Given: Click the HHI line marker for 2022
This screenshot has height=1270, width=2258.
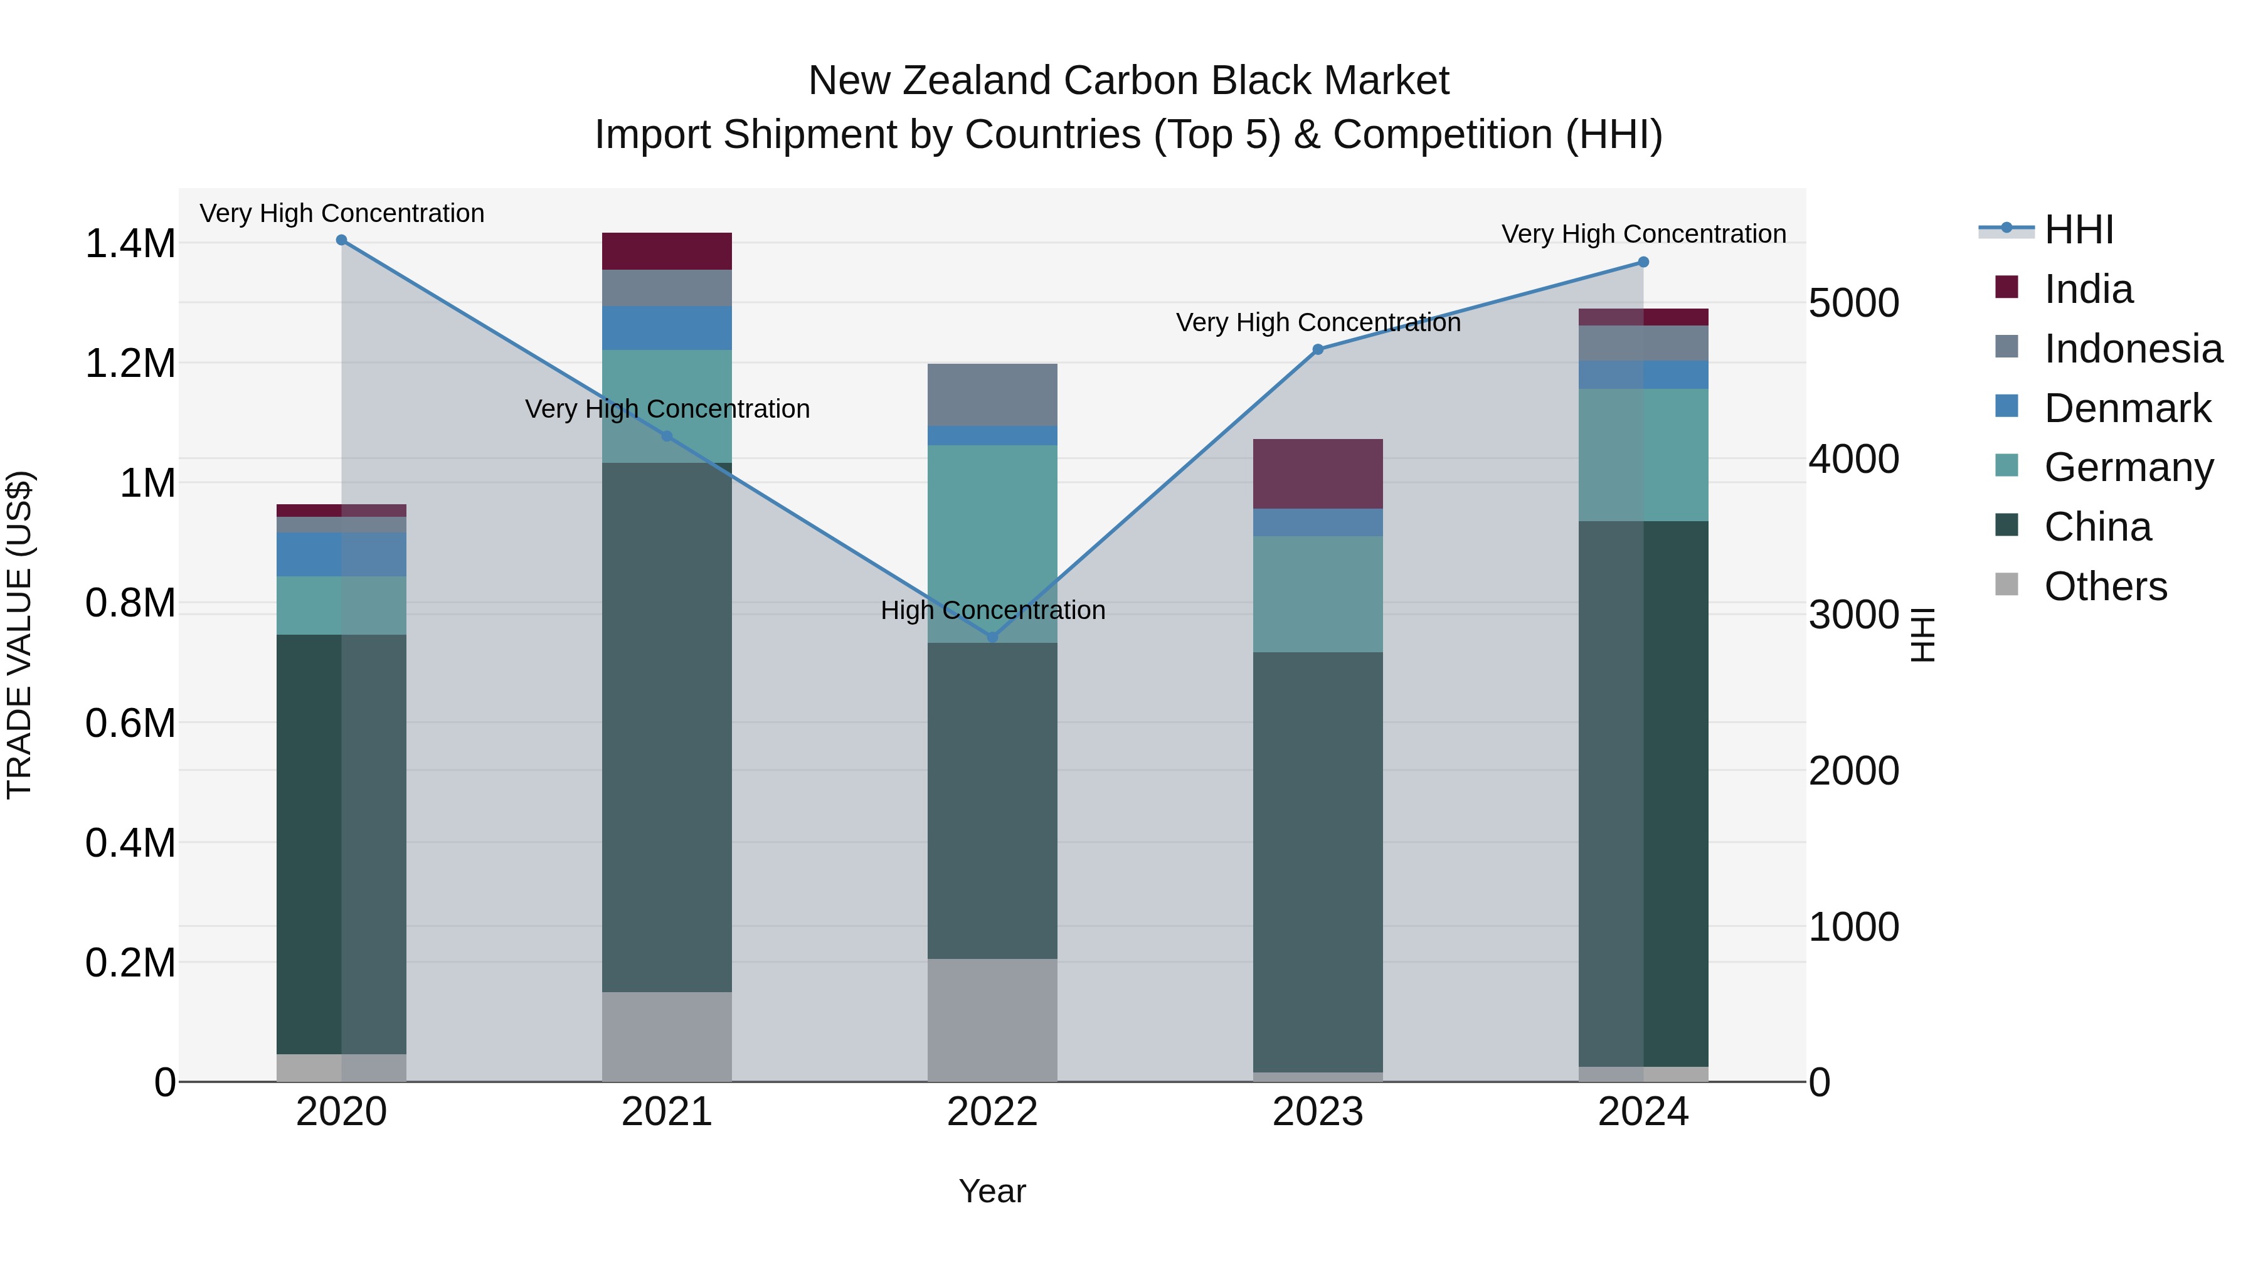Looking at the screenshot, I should (x=992, y=637).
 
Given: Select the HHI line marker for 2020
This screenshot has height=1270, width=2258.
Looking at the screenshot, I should (x=342, y=240).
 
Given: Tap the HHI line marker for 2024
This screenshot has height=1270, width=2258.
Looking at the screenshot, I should (x=1643, y=262).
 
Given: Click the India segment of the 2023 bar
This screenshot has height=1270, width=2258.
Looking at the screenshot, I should (x=1317, y=474).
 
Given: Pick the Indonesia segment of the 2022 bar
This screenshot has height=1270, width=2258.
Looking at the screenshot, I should (x=992, y=394).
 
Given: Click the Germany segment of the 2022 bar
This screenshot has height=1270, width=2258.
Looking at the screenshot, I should (x=992, y=543).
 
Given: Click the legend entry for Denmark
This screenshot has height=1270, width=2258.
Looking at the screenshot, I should (x=2128, y=408).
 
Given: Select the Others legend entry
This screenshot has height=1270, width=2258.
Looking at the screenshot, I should (x=2104, y=586).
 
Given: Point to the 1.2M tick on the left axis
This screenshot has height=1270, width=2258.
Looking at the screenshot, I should (x=130, y=364).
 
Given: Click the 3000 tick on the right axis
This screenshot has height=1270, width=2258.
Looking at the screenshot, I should (x=1853, y=615).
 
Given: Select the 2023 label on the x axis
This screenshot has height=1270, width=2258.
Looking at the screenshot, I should (x=1317, y=1112).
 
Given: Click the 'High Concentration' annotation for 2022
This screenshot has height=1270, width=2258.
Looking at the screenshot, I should (x=992, y=610).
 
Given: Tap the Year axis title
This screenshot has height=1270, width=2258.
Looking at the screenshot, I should (x=992, y=1191).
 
